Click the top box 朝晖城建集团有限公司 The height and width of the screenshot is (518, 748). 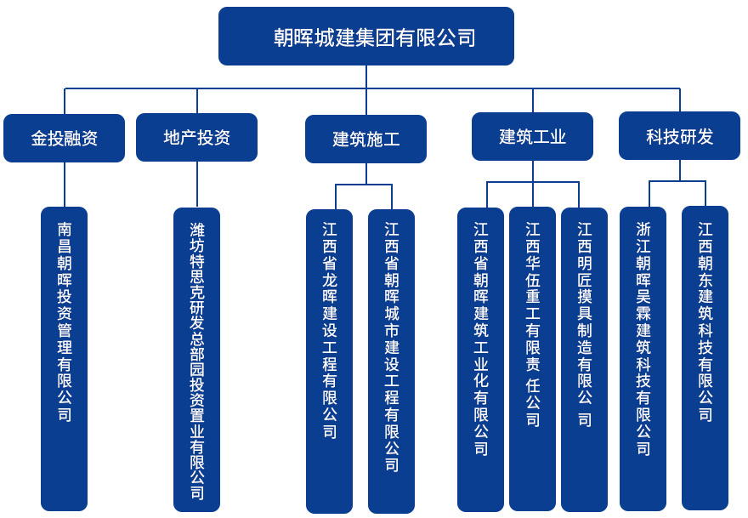(x=365, y=37)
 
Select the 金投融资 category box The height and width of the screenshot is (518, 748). (x=65, y=138)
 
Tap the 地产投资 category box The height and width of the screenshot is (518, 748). (x=196, y=137)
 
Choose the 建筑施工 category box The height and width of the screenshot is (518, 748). (x=365, y=139)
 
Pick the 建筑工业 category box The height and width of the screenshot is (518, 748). (x=532, y=136)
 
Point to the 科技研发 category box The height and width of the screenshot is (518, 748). (x=679, y=136)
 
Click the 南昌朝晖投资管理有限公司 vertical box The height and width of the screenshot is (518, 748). (x=65, y=357)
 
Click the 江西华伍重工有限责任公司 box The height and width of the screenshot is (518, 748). (x=533, y=358)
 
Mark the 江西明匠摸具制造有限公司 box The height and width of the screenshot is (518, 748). (x=585, y=358)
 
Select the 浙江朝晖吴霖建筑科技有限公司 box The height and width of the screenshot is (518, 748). (x=643, y=358)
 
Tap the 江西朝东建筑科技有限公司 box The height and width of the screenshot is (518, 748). (x=705, y=357)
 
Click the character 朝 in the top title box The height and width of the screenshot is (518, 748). (x=283, y=37)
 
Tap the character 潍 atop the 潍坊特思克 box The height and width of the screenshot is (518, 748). (x=197, y=230)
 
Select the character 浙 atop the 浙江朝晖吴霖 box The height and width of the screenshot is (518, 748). (x=643, y=230)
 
